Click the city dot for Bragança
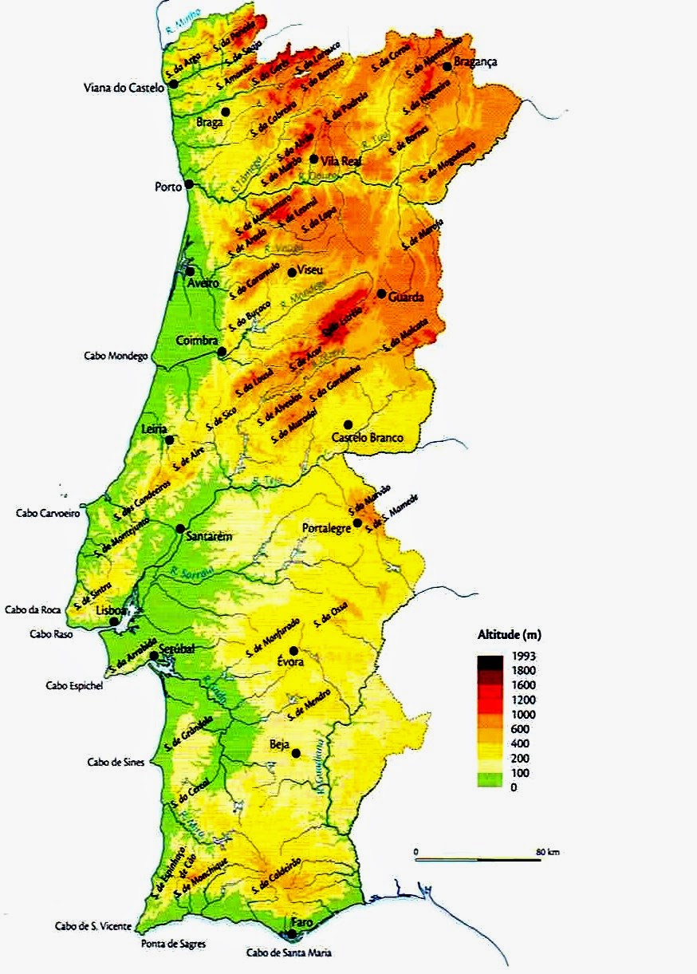[447, 67]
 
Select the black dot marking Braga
[226, 112]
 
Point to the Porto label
[168, 187]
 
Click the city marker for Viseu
[291, 272]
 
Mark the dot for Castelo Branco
[348, 424]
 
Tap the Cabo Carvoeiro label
[48, 514]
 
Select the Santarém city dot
[181, 528]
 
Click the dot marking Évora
[293, 651]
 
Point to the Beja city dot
[296, 753]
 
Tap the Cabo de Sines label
[116, 762]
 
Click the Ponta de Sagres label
[173, 944]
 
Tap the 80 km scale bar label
[548, 853]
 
